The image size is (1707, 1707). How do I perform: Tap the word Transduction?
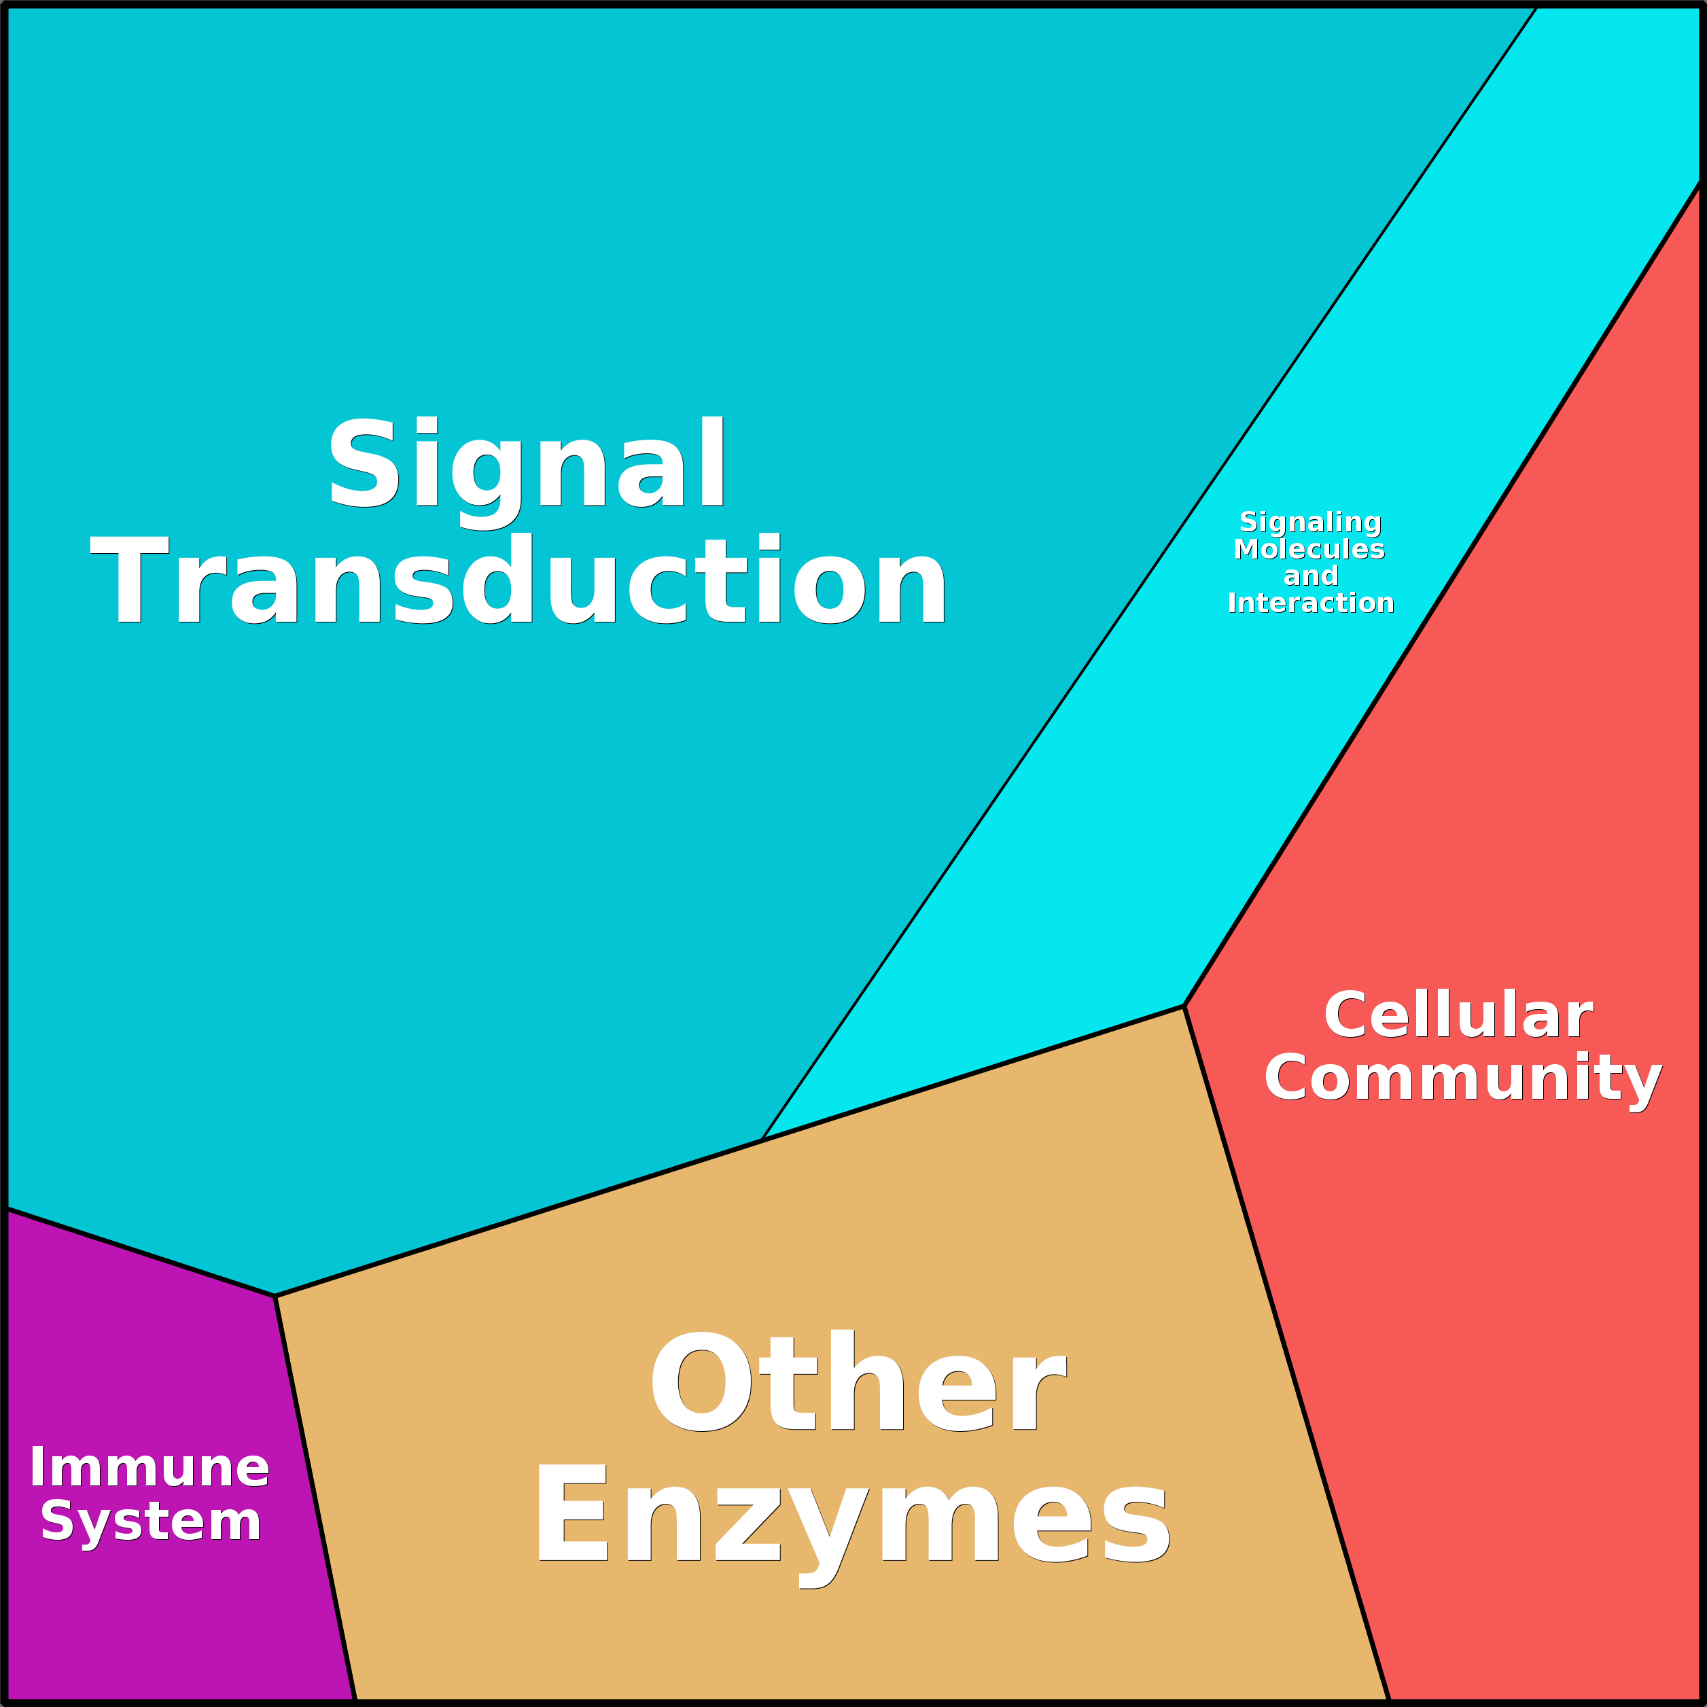(518, 580)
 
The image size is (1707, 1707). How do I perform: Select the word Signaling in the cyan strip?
(1310, 523)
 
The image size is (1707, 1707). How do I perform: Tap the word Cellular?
(1459, 1015)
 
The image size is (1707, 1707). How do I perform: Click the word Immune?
(149, 1468)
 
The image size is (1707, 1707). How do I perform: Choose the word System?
(151, 1525)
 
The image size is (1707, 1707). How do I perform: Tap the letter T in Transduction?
(130, 580)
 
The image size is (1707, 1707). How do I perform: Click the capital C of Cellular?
(1348, 1015)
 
